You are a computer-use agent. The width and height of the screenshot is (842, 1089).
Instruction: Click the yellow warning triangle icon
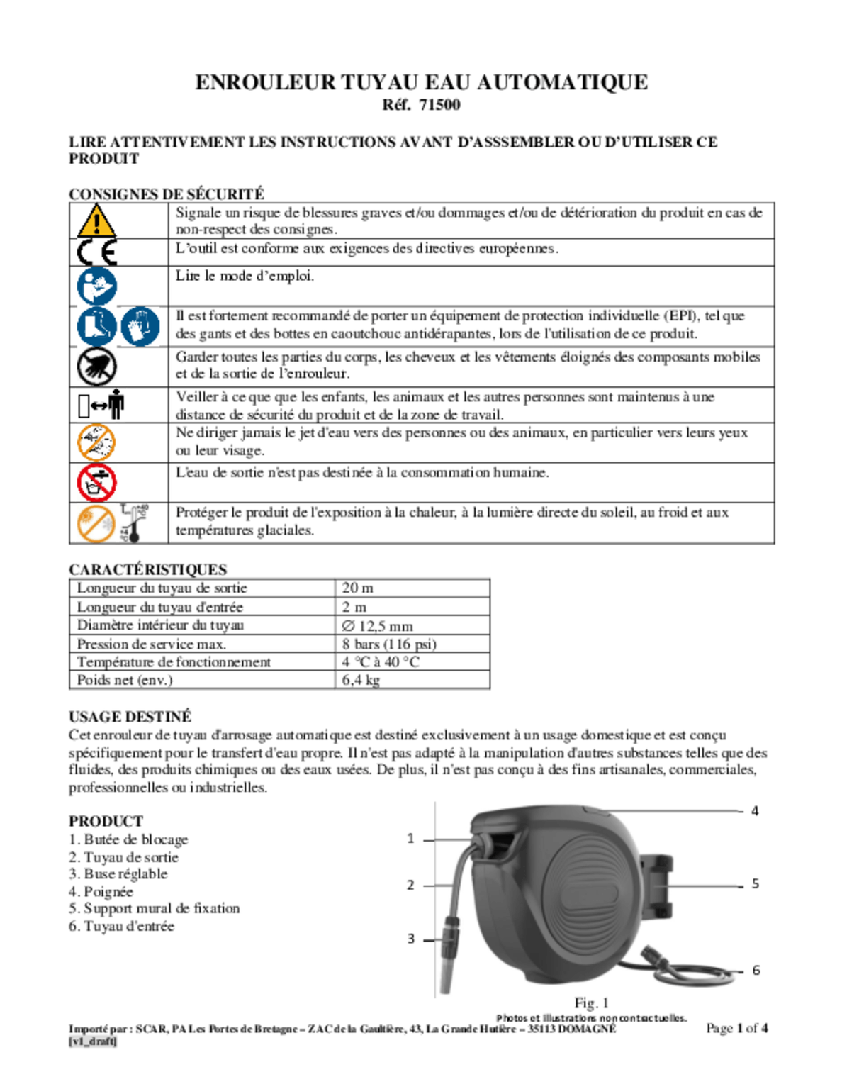point(96,220)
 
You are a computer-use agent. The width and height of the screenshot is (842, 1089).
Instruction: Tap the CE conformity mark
point(96,252)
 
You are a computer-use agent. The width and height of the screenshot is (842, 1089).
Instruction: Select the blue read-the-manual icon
point(96,286)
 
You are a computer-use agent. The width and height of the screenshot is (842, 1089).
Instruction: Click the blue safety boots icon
point(96,326)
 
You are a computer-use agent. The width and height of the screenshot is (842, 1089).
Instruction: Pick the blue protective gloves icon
point(140,326)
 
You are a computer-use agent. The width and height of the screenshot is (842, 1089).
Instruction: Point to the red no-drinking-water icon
point(96,483)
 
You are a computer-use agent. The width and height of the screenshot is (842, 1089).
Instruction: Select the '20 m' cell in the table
point(357,588)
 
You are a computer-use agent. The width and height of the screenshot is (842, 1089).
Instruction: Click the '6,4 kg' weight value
point(361,680)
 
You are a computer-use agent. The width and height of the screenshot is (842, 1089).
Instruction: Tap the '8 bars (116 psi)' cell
point(388,644)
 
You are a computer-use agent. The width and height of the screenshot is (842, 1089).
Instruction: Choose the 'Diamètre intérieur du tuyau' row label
point(160,625)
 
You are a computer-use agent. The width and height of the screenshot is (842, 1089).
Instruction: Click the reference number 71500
point(439,105)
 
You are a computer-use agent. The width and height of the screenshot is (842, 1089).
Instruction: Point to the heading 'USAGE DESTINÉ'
point(130,717)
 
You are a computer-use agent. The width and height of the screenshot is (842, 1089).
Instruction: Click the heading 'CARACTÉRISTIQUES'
point(147,569)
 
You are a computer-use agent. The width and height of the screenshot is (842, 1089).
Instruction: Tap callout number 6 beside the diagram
point(756,970)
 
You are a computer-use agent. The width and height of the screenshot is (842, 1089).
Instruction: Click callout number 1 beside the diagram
point(410,839)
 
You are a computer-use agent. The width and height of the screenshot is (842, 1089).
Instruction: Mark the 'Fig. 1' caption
point(591,1003)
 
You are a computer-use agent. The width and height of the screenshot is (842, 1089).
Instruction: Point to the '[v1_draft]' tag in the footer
point(93,1041)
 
